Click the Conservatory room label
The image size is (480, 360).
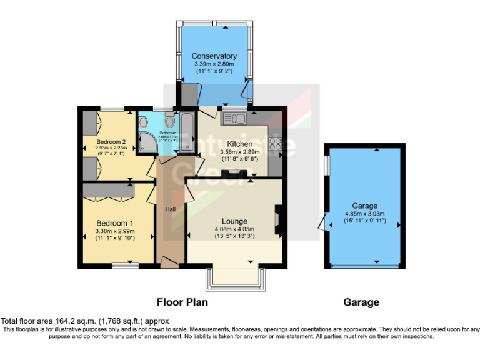click(214, 56)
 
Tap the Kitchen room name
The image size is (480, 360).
click(240, 144)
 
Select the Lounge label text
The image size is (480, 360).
click(234, 221)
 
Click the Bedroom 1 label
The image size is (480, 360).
click(114, 223)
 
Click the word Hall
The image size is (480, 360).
click(170, 209)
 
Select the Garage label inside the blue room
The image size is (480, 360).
click(364, 206)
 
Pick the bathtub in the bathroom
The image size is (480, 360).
click(187, 130)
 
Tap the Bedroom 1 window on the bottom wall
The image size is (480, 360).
click(125, 266)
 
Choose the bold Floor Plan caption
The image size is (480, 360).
click(182, 302)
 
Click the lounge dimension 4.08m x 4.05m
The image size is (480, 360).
click(234, 229)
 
